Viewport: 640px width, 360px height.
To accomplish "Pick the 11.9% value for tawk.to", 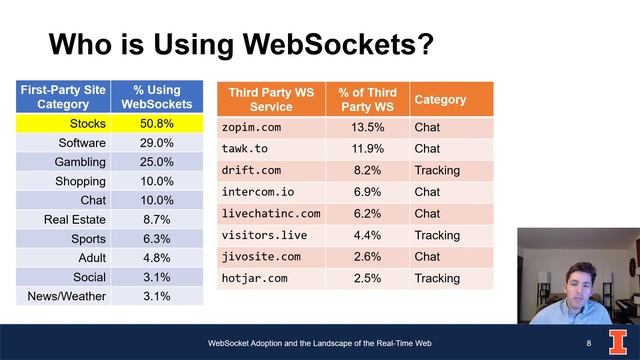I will pos(367,149).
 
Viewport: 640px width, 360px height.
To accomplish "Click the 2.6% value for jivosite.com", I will pos(367,257).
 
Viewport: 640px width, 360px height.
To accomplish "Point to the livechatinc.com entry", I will pos(270,213).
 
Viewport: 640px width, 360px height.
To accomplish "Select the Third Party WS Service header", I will pos(271,100).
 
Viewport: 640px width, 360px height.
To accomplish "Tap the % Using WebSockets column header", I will pos(156,97).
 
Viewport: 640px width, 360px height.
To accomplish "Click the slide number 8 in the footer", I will pos(589,344).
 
